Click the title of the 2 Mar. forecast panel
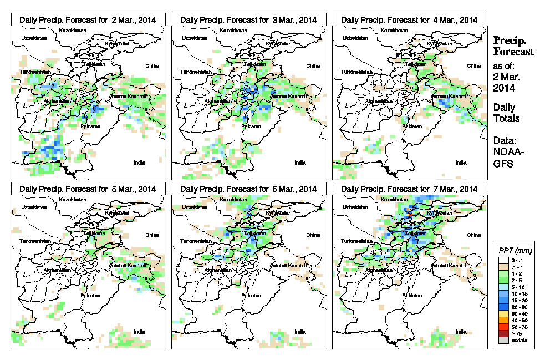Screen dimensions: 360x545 click(88, 19)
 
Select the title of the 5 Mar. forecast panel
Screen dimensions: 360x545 click(88, 189)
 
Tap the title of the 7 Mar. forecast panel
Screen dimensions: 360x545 click(409, 189)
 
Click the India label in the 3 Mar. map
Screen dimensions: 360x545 click(300, 163)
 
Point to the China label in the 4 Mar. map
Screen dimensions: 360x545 click(473, 65)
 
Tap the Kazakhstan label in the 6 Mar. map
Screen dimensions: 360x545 click(233, 199)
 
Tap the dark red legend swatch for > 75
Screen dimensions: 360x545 click(503, 333)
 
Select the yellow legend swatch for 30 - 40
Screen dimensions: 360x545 click(503, 313)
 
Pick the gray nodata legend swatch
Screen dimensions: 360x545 click(503, 341)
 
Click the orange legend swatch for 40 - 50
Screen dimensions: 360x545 click(503, 320)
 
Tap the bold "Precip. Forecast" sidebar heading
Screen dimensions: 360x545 click(513, 46)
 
